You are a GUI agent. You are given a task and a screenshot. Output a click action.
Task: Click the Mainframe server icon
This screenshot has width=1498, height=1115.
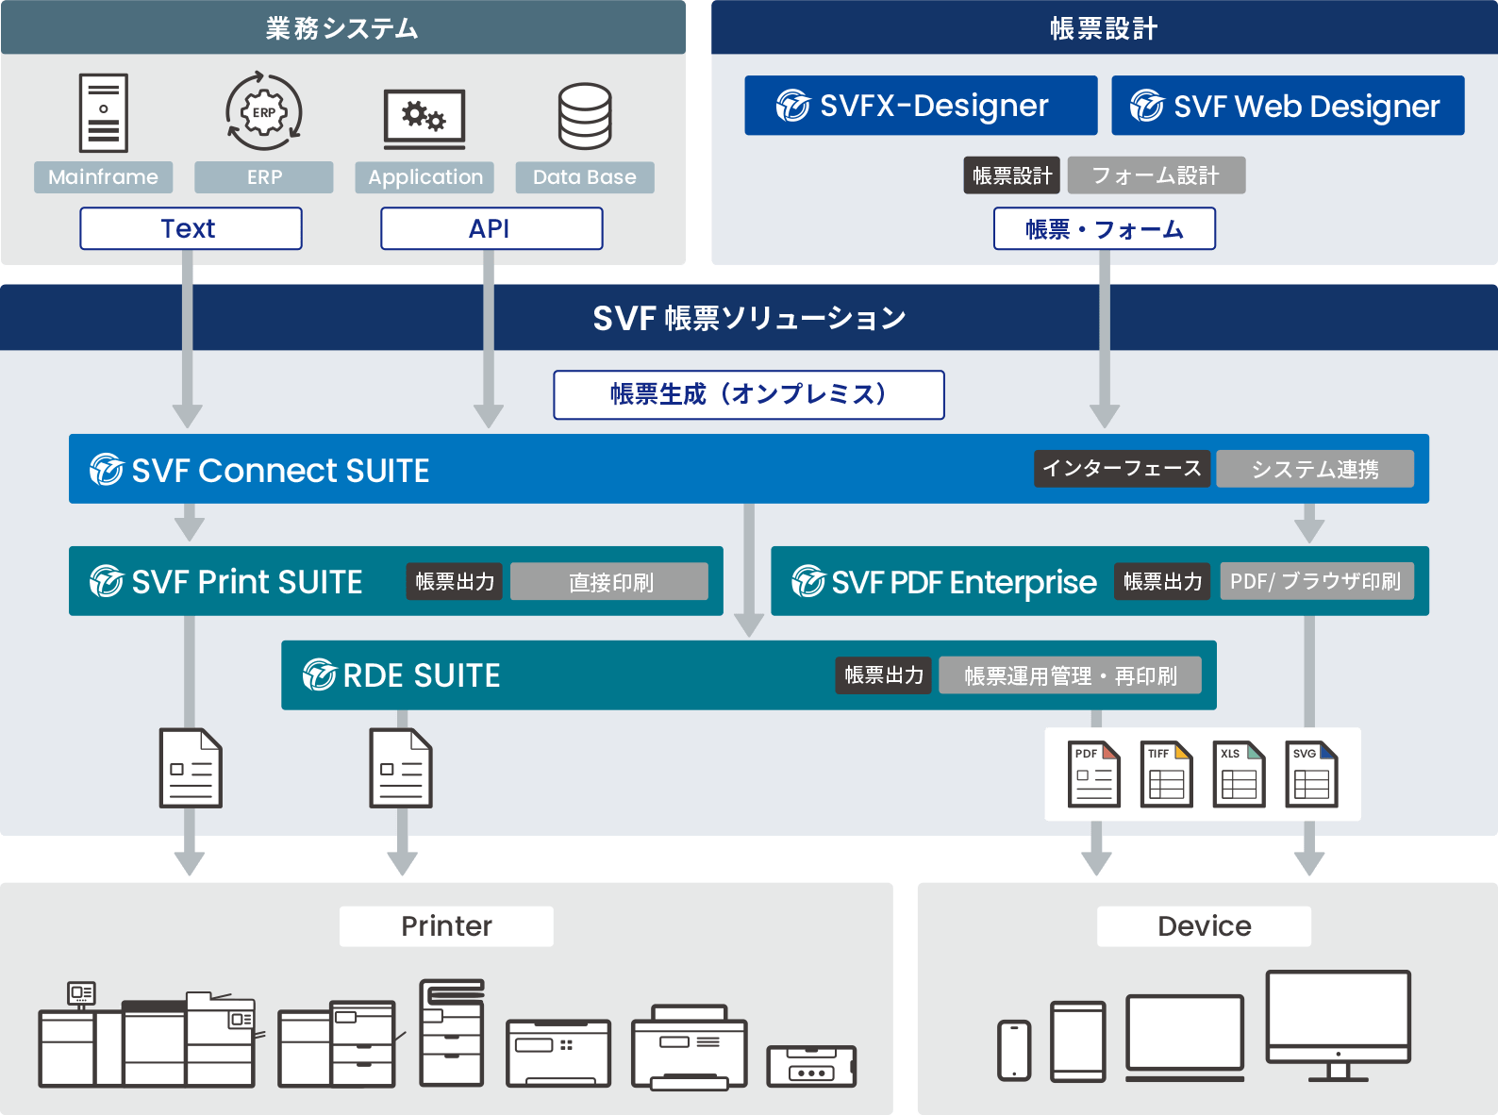104,113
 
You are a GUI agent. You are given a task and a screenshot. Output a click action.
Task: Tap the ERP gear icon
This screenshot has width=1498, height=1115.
264,112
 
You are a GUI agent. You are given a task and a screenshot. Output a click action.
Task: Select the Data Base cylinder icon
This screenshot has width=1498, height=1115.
585,116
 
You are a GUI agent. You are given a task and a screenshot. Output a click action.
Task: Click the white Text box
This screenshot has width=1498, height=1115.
191,228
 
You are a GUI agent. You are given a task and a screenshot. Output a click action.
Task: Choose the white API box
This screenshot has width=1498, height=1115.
491,228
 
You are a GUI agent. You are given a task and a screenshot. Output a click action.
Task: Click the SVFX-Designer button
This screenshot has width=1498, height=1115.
920,106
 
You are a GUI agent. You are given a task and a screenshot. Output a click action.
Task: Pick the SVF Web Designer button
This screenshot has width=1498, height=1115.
1287,106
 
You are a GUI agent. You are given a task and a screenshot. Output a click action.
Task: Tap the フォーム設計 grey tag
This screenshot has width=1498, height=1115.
1156,175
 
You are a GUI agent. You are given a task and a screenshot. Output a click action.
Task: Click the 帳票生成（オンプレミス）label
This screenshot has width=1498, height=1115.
748,394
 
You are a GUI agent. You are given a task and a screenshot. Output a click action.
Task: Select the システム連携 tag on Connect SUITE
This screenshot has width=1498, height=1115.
1315,469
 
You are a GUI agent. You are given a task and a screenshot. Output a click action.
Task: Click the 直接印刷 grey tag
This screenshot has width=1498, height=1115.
609,582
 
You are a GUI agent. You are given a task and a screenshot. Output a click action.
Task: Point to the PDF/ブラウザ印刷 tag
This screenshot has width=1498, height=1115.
1316,581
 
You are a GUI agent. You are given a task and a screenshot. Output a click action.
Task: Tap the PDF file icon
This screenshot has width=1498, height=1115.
1094,774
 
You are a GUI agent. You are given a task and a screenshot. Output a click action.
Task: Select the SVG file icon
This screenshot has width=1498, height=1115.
1311,774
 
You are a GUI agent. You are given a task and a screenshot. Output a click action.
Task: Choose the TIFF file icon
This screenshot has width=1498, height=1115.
1167,774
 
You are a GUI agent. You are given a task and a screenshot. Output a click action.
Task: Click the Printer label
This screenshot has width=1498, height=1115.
446,926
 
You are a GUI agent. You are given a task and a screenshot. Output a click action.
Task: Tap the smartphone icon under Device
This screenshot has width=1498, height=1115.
1014,1050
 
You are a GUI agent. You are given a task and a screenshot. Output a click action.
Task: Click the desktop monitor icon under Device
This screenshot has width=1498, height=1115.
1338,1024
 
